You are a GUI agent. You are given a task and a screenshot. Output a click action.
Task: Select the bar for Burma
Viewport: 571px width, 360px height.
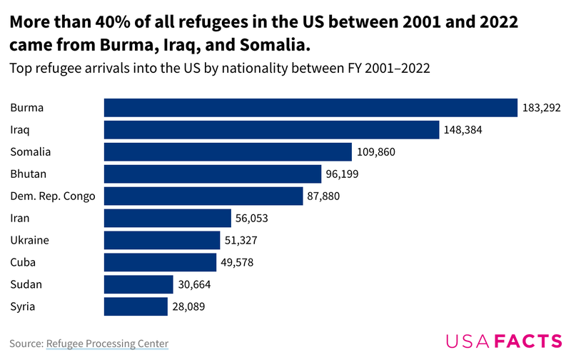(x=310, y=108)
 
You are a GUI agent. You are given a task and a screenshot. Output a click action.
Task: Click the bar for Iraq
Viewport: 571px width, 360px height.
(x=271, y=130)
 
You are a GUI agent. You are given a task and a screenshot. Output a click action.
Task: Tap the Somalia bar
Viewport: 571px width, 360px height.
(x=228, y=152)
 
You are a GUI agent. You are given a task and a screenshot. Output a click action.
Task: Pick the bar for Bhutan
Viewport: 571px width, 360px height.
(x=213, y=174)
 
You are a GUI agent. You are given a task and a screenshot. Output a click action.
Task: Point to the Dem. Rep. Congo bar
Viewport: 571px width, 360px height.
(x=203, y=196)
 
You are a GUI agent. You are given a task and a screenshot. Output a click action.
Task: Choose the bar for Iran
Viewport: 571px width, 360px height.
(x=168, y=218)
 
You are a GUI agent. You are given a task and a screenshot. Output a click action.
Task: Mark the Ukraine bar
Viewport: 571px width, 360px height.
(x=162, y=240)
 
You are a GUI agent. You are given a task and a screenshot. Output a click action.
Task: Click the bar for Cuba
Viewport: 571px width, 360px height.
(x=160, y=262)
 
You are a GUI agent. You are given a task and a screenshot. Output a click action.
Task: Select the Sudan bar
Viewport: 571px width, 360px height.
(x=138, y=284)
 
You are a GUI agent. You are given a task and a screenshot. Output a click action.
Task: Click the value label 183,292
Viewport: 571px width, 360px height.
(x=542, y=108)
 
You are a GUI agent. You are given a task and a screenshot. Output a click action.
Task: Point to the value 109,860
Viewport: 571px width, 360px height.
(x=376, y=152)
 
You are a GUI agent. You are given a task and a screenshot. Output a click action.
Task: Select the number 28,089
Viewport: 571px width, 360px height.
(x=189, y=306)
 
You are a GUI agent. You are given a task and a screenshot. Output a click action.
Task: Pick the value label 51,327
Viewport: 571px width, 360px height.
(x=243, y=240)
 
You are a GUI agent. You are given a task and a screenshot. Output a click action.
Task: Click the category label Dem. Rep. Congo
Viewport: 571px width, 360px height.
(x=53, y=196)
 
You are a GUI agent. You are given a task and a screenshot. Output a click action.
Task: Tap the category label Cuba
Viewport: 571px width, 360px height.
(x=23, y=262)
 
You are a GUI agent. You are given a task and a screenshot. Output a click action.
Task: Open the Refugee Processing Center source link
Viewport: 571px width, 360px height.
(x=107, y=344)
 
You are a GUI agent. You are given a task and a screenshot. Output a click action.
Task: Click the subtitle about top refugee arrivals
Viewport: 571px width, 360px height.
(x=218, y=69)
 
